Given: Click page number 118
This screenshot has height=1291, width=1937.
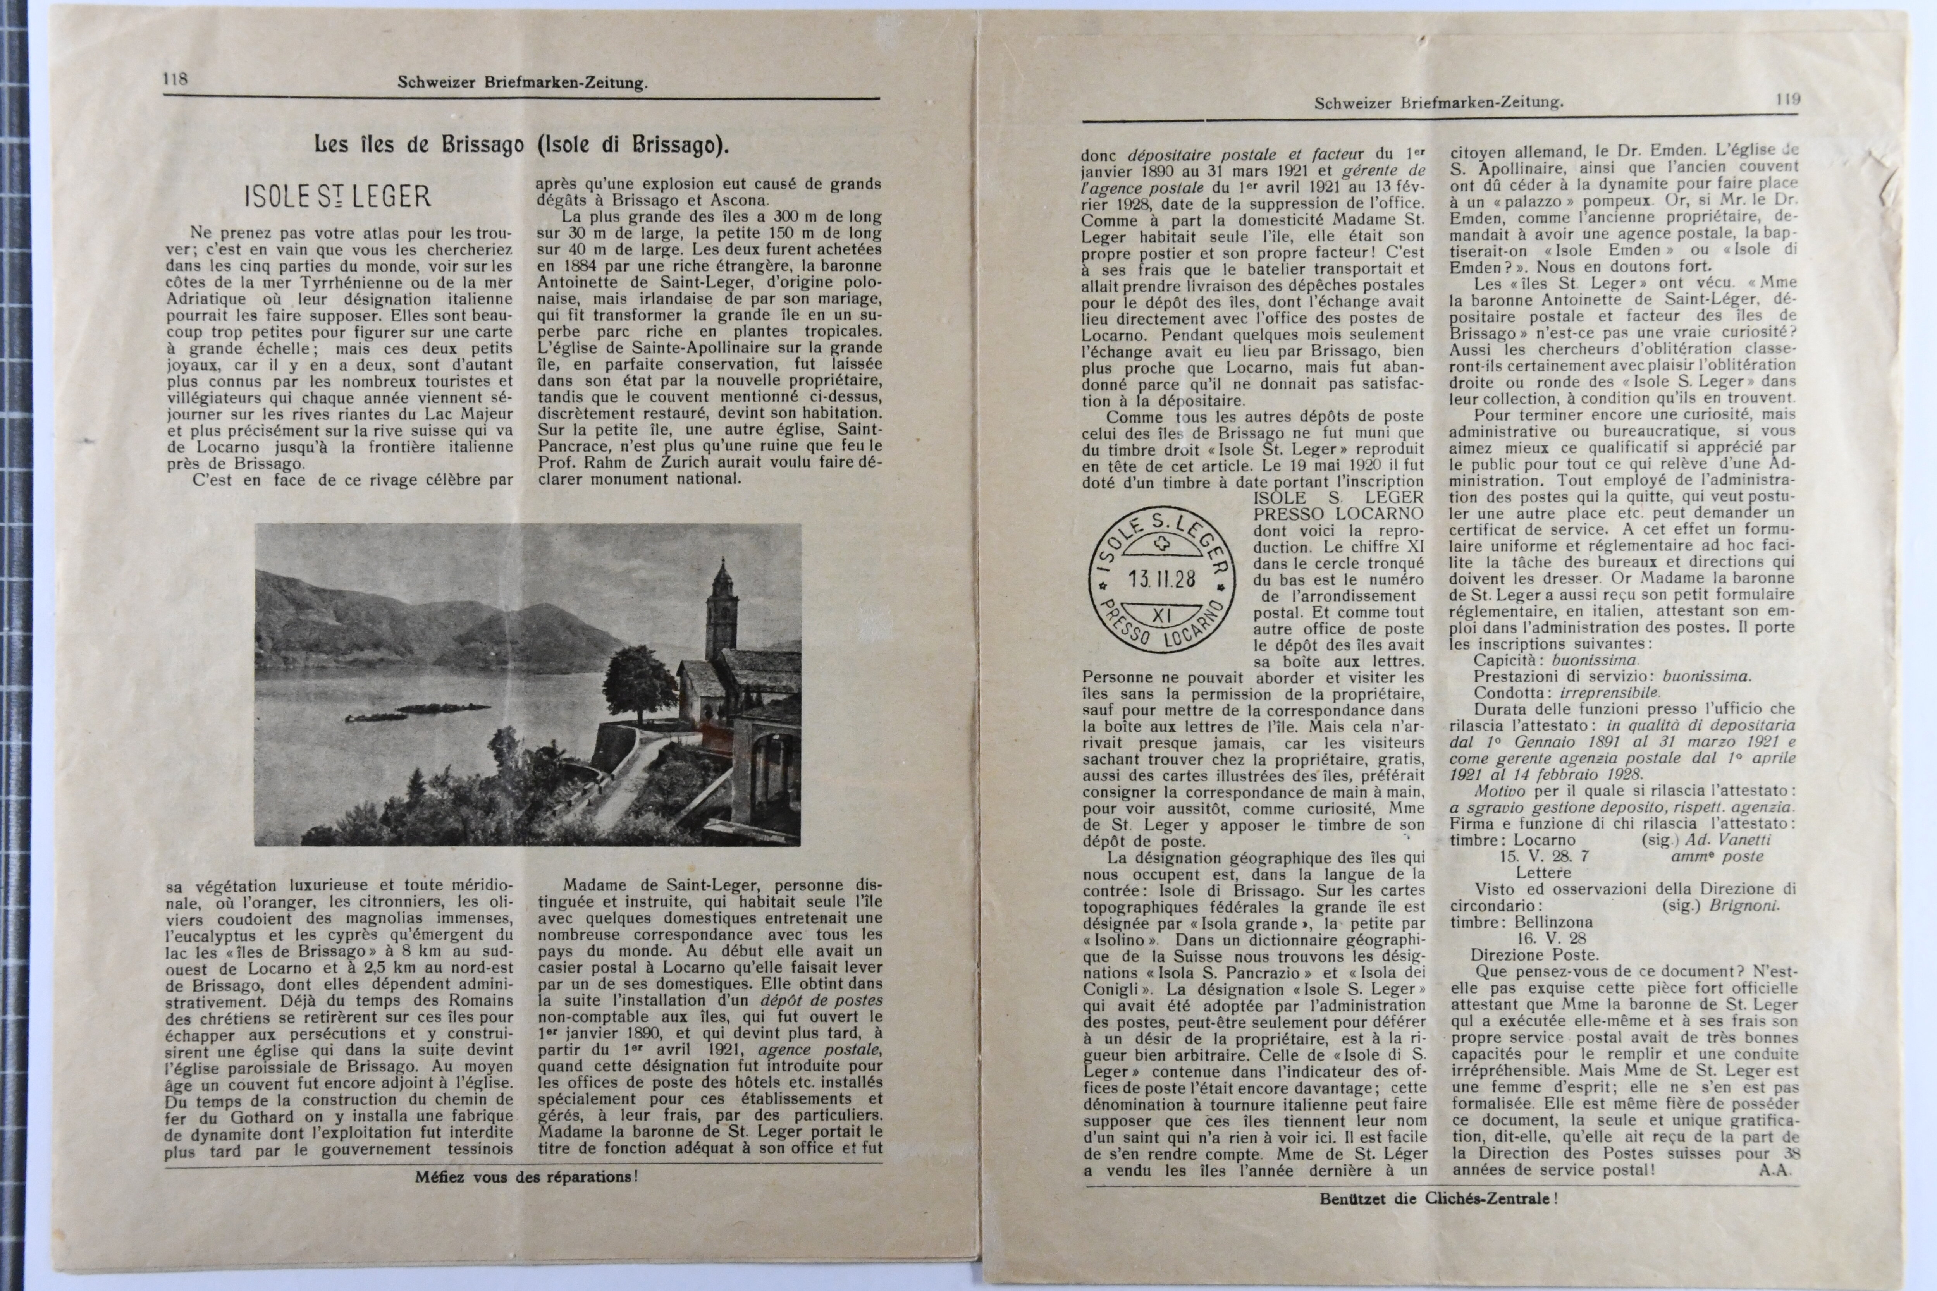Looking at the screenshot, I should tap(175, 79).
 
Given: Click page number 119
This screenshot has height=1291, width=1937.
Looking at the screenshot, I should tap(1788, 100).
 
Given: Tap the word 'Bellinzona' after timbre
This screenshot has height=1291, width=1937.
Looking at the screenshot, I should tap(1553, 922).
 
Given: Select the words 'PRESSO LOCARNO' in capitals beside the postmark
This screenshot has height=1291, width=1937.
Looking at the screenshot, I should tap(1338, 514).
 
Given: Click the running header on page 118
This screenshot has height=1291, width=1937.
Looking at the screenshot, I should tap(522, 83).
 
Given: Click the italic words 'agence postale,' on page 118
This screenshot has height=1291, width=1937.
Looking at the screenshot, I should tap(819, 1050).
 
